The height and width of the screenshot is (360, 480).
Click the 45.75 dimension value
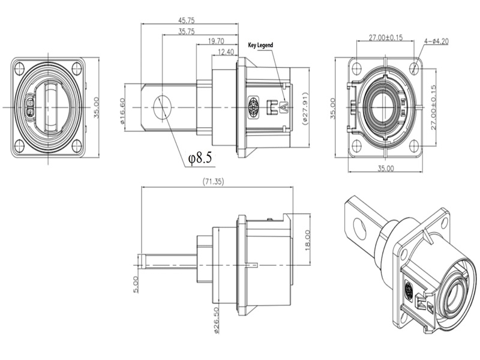click(x=189, y=19)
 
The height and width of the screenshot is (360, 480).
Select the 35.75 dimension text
click(x=189, y=31)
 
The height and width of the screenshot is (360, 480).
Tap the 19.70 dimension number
click(x=217, y=41)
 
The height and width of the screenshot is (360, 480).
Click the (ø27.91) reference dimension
click(x=305, y=107)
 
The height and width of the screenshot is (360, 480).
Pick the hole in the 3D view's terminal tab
click(x=360, y=227)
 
